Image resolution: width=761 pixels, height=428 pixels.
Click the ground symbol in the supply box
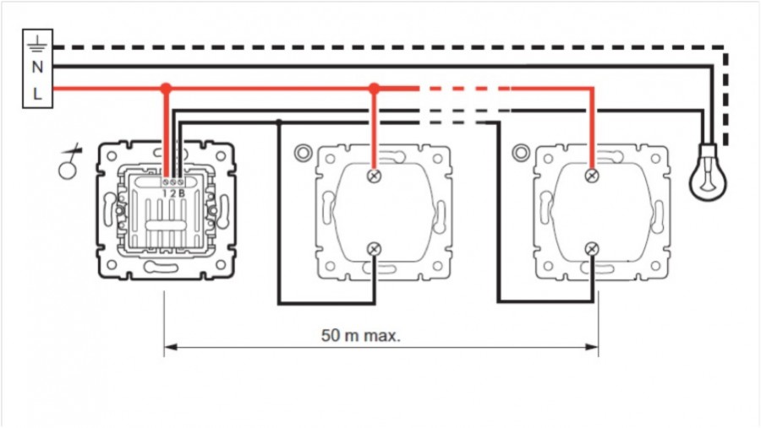pyautogui.click(x=37, y=45)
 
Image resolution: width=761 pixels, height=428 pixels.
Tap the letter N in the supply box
pyautogui.click(x=37, y=67)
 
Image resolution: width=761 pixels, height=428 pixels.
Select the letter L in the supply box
pyautogui.click(x=37, y=94)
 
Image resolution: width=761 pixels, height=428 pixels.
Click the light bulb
pyautogui.click(x=708, y=172)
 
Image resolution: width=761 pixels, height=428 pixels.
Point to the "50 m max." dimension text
pyautogui.click(x=360, y=335)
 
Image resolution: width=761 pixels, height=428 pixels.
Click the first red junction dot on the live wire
pyautogui.click(x=166, y=89)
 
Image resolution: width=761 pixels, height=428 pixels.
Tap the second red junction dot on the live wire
pyautogui.click(x=374, y=89)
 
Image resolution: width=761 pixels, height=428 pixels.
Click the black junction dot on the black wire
pyautogui.click(x=278, y=122)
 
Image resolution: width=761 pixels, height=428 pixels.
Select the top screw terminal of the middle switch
pyautogui.click(x=374, y=176)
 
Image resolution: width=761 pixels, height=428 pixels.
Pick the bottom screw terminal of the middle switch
pyautogui.click(x=374, y=249)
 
